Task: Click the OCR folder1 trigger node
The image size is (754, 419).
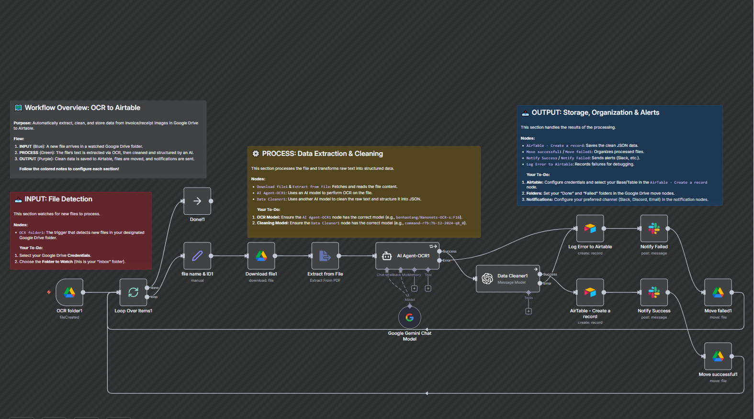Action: [x=69, y=292]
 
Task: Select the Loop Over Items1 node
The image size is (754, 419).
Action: [x=133, y=292]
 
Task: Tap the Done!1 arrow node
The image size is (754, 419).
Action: [x=197, y=201]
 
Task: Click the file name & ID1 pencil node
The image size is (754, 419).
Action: [x=197, y=256]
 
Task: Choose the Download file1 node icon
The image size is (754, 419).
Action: [x=261, y=256]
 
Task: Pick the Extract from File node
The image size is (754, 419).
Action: [x=325, y=256]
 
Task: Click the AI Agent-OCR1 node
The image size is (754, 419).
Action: [x=407, y=256]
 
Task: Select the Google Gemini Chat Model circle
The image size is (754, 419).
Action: [x=410, y=317]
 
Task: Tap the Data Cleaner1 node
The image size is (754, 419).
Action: [x=508, y=278]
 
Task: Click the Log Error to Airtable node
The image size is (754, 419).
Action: [x=590, y=229]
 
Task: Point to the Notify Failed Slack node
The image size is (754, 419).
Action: [x=654, y=229]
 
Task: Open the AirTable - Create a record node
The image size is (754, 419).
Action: [x=590, y=292]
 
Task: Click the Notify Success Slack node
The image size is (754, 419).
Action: [x=654, y=292]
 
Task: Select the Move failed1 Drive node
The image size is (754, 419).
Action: [x=718, y=292]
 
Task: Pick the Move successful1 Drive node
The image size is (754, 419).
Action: [x=718, y=356]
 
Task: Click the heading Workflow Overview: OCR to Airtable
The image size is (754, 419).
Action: [x=82, y=108]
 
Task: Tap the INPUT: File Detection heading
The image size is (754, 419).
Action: [x=58, y=199]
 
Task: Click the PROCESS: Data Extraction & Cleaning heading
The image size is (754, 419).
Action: [x=322, y=154]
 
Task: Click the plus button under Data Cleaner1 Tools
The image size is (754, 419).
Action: [x=529, y=311]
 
